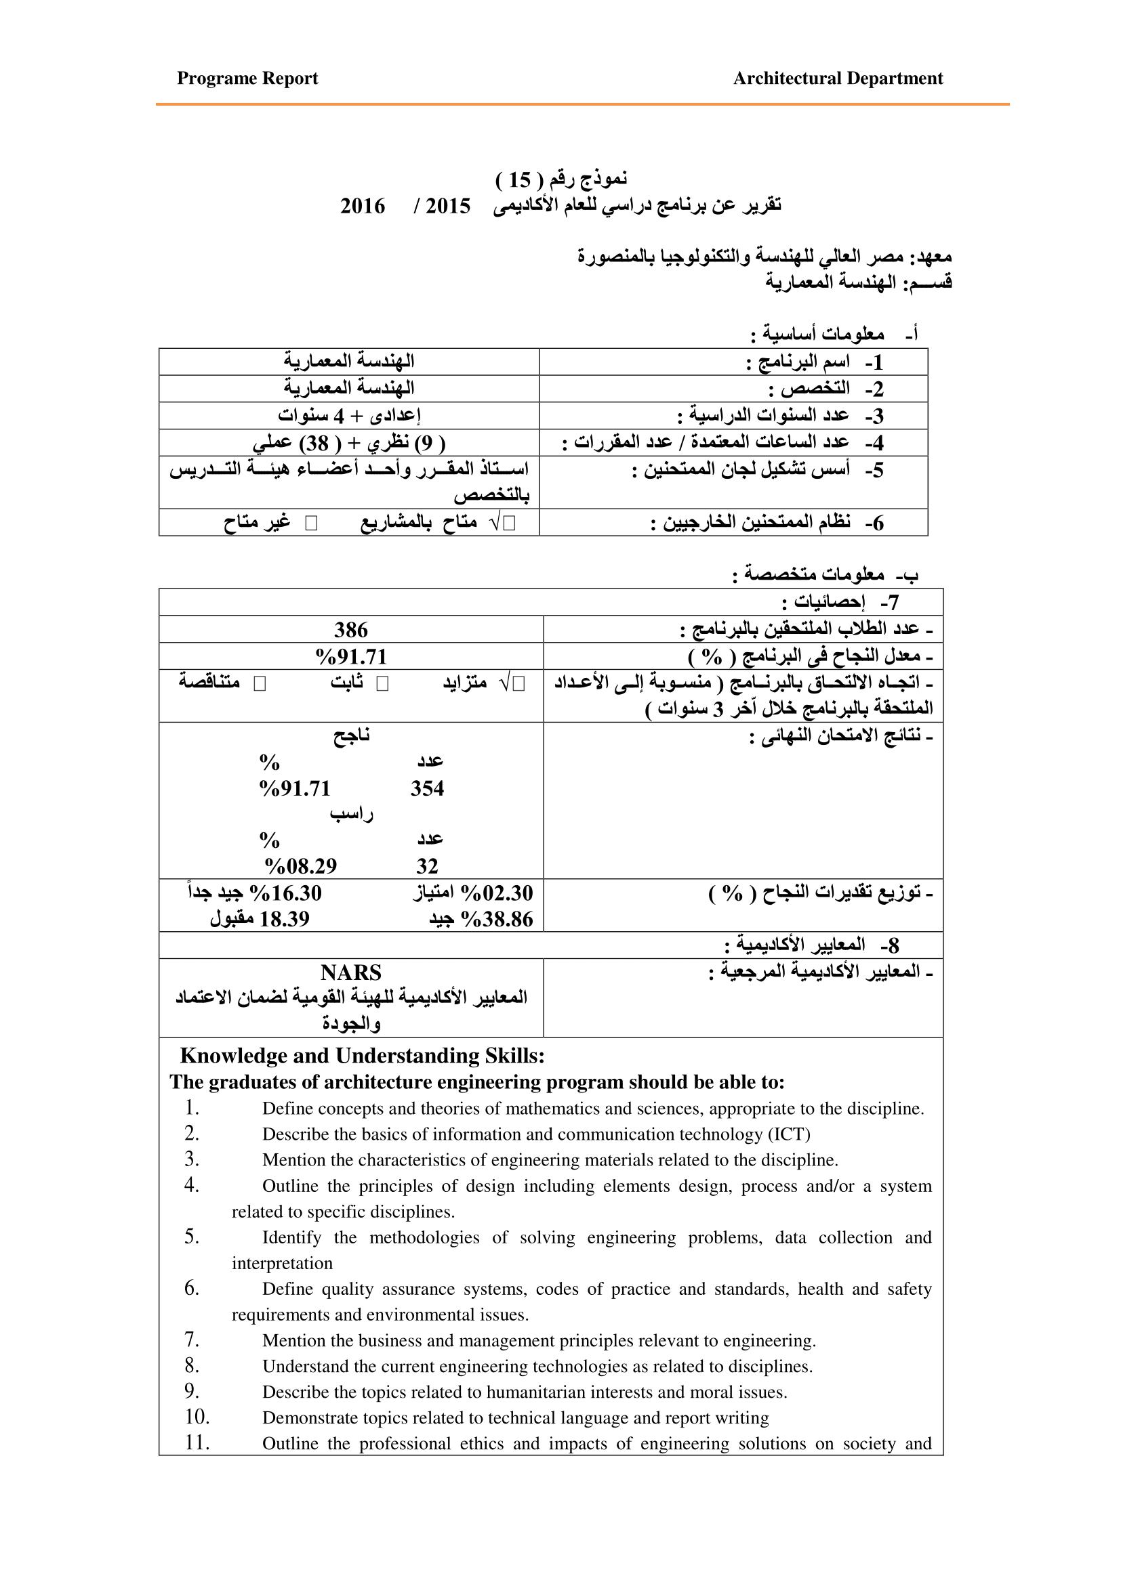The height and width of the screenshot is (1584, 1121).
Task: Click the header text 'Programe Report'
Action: (x=247, y=79)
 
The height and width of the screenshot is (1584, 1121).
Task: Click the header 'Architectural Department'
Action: (x=837, y=79)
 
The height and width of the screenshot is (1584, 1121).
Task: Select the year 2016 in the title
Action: (x=363, y=207)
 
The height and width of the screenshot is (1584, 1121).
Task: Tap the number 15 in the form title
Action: (x=519, y=181)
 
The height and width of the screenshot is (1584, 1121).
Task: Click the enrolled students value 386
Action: (x=350, y=630)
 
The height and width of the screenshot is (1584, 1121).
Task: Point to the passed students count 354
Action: (x=426, y=788)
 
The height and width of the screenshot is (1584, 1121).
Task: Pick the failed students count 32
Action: (x=426, y=867)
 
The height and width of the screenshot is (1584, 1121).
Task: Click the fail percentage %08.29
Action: (x=301, y=867)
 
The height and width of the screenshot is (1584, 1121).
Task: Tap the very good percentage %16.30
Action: (x=286, y=893)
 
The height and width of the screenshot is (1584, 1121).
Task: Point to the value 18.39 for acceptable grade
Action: (x=285, y=920)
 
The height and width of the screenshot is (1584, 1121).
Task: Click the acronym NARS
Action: (x=350, y=972)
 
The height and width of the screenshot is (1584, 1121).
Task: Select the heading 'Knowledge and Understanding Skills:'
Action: (x=362, y=1056)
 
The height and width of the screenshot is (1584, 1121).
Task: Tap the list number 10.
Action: (x=197, y=1417)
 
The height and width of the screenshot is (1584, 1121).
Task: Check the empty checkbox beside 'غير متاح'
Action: (x=311, y=523)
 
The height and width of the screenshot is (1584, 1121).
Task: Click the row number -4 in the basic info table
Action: (x=874, y=443)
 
